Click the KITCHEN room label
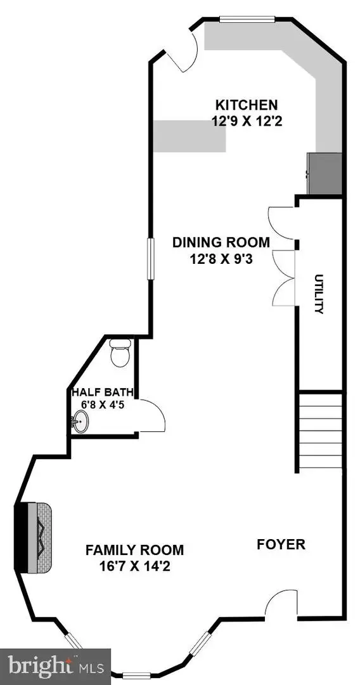pyautogui.click(x=246, y=105)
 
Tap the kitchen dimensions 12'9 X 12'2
pyautogui.click(x=246, y=120)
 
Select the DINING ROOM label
pyautogui.click(x=221, y=242)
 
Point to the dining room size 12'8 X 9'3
pyautogui.click(x=221, y=258)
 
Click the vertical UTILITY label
pyautogui.click(x=319, y=294)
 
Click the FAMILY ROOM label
pyautogui.click(x=134, y=550)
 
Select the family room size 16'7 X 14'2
pyautogui.click(x=134, y=565)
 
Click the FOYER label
pyautogui.click(x=281, y=544)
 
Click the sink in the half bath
pyautogui.click(x=80, y=421)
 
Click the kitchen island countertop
pyautogui.click(x=189, y=136)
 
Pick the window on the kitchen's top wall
pyautogui.click(x=247, y=19)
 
